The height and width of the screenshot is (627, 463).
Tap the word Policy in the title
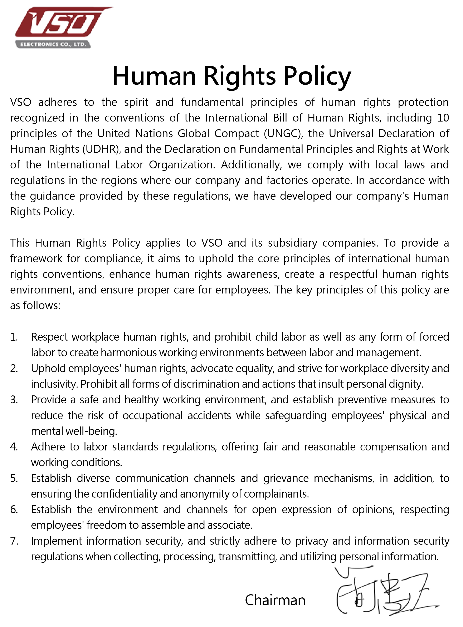tap(317, 76)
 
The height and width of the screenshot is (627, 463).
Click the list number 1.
tap(14, 337)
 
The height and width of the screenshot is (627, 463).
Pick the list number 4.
tap(14, 447)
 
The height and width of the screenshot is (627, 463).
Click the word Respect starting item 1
tap(49, 337)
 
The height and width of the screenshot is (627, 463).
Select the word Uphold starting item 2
tap(47, 368)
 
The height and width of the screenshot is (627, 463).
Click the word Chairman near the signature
tap(275, 600)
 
